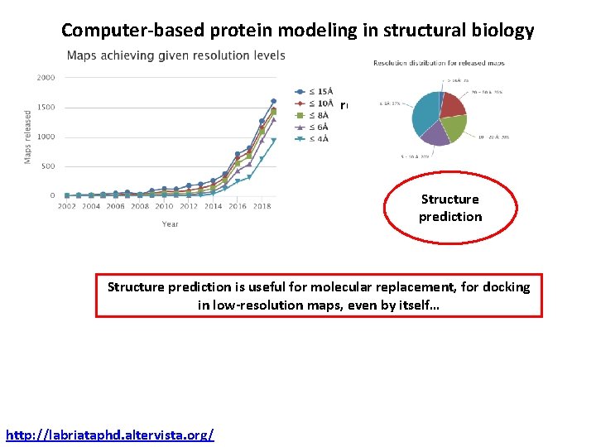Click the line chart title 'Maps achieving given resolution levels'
coord(175,55)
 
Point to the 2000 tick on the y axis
coord(46,78)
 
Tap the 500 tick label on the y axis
coord(48,166)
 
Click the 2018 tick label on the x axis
coord(262,206)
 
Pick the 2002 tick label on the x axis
coord(67,206)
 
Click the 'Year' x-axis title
coord(170,223)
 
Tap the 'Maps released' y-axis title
coord(28,137)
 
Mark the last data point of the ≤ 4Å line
coord(274,141)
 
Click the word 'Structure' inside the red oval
coord(449,199)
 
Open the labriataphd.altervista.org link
coord(109,434)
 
